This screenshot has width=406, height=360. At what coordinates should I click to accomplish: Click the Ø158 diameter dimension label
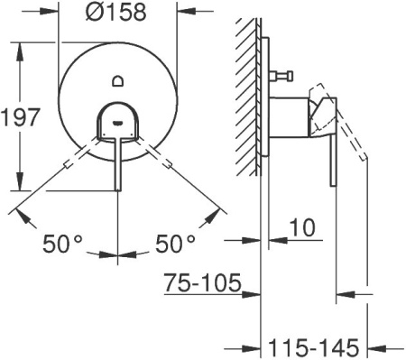tap(118, 14)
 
